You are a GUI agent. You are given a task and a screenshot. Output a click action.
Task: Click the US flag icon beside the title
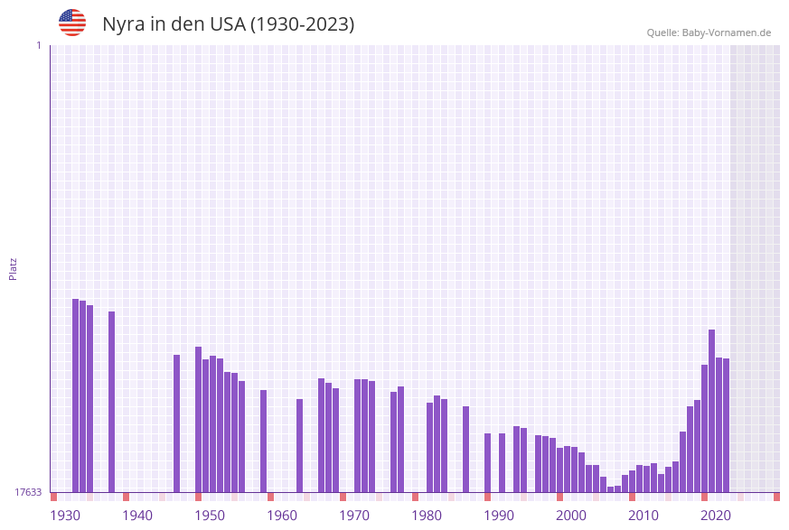(72, 23)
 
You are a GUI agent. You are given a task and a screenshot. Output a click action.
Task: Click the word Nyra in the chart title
(124, 24)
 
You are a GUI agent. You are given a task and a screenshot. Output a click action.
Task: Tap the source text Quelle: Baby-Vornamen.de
(709, 33)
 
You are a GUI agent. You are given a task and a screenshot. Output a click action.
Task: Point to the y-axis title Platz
(14, 268)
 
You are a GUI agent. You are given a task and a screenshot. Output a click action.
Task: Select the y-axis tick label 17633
(28, 492)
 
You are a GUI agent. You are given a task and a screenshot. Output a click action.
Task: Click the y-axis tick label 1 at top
(38, 45)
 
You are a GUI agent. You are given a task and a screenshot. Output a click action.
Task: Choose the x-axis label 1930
(65, 516)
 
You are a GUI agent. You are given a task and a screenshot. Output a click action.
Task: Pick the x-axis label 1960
(282, 516)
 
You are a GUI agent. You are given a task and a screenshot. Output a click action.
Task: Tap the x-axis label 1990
(499, 516)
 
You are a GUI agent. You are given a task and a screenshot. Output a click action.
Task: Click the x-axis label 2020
(716, 516)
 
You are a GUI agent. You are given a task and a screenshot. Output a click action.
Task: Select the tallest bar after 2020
(711, 411)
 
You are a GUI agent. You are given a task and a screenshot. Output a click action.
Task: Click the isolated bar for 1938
(111, 402)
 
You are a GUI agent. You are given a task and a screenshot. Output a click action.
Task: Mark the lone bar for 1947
(176, 423)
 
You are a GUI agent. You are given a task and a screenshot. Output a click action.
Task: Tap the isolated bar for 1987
(465, 449)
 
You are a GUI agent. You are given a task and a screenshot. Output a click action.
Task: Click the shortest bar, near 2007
(610, 489)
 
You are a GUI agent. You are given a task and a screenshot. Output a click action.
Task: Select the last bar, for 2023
(726, 425)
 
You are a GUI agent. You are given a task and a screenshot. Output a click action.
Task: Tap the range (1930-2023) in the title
(302, 24)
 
